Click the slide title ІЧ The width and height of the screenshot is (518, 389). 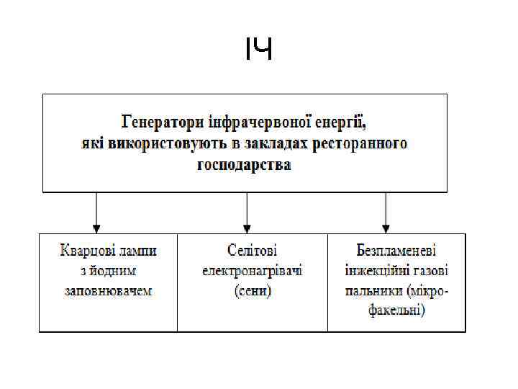click(x=258, y=50)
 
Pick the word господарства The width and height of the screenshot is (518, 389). click(x=244, y=165)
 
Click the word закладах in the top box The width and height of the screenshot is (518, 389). click(x=271, y=142)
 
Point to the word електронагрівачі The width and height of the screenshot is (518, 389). click(x=252, y=271)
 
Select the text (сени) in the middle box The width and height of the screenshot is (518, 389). click(x=252, y=291)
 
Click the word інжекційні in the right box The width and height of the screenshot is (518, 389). click(x=375, y=271)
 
